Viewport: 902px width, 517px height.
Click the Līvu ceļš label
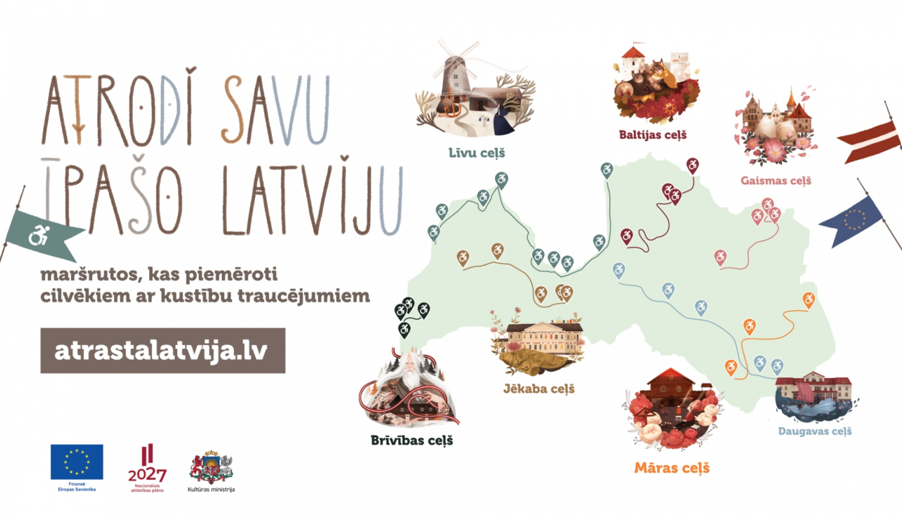point(476,153)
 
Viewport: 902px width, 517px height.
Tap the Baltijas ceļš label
point(652,135)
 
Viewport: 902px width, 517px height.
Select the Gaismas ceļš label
point(776,180)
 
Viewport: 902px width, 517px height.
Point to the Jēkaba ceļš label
point(539,389)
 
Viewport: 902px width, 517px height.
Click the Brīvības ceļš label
point(411,441)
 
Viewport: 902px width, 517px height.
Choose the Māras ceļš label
point(672,468)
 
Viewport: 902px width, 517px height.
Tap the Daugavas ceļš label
point(815,431)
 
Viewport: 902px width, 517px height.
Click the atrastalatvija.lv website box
point(162,350)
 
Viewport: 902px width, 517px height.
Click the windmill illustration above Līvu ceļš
point(456,78)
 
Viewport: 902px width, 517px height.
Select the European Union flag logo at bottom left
point(76,462)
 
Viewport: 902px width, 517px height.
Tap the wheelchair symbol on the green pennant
point(39,235)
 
